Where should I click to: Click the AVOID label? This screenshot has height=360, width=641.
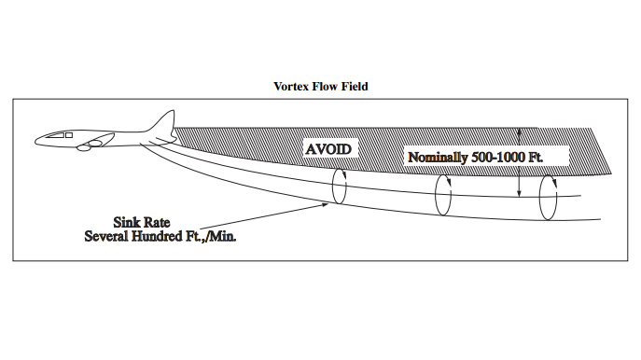pyautogui.click(x=328, y=148)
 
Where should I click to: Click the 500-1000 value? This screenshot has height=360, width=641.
pyautogui.click(x=509, y=157)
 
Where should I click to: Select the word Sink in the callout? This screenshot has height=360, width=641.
pyautogui.click(x=130, y=222)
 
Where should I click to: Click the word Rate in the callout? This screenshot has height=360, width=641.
pyautogui.click(x=165, y=222)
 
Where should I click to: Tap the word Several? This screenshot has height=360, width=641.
pyautogui.click(x=112, y=236)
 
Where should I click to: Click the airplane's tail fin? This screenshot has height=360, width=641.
pyautogui.click(x=162, y=122)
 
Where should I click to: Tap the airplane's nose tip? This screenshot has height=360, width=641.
pyautogui.click(x=36, y=142)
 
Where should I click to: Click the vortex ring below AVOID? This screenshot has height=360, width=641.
pyautogui.click(x=339, y=186)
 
